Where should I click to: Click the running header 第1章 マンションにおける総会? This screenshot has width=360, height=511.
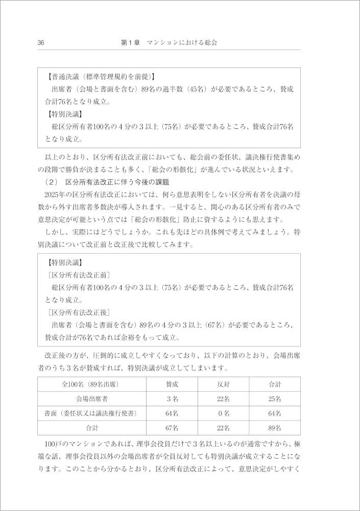click(169, 43)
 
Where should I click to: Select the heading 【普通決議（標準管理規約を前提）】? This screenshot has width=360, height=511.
click(100, 77)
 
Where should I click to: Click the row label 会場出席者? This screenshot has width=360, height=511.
click(92, 399)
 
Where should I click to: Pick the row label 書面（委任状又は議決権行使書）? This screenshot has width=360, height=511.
click(92, 413)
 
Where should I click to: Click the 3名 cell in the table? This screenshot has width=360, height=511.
click(172, 399)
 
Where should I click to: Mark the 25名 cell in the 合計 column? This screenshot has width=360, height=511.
click(275, 399)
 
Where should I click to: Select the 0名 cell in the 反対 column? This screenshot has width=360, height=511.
click(223, 413)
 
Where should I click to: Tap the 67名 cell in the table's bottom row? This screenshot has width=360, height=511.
click(172, 427)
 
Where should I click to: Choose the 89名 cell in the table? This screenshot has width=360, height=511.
click(275, 427)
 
